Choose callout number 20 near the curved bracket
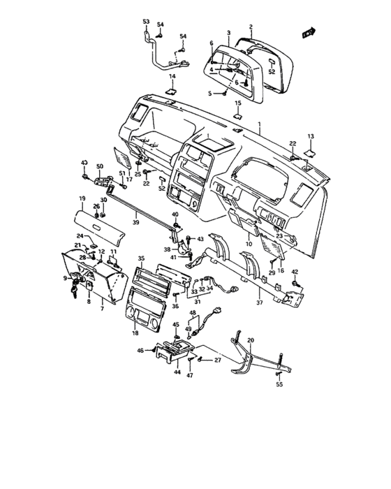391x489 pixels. (251, 340)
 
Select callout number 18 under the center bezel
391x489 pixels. (135, 334)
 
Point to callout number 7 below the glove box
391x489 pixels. (101, 308)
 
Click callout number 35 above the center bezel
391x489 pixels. (140, 258)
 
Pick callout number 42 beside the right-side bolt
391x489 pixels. (294, 272)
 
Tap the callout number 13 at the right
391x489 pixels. (311, 136)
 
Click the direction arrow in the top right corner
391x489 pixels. (306, 31)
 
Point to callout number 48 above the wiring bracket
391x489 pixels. (193, 313)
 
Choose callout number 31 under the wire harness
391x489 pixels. (197, 302)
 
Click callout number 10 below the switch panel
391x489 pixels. (249, 245)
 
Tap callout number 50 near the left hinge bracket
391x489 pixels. (100, 166)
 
